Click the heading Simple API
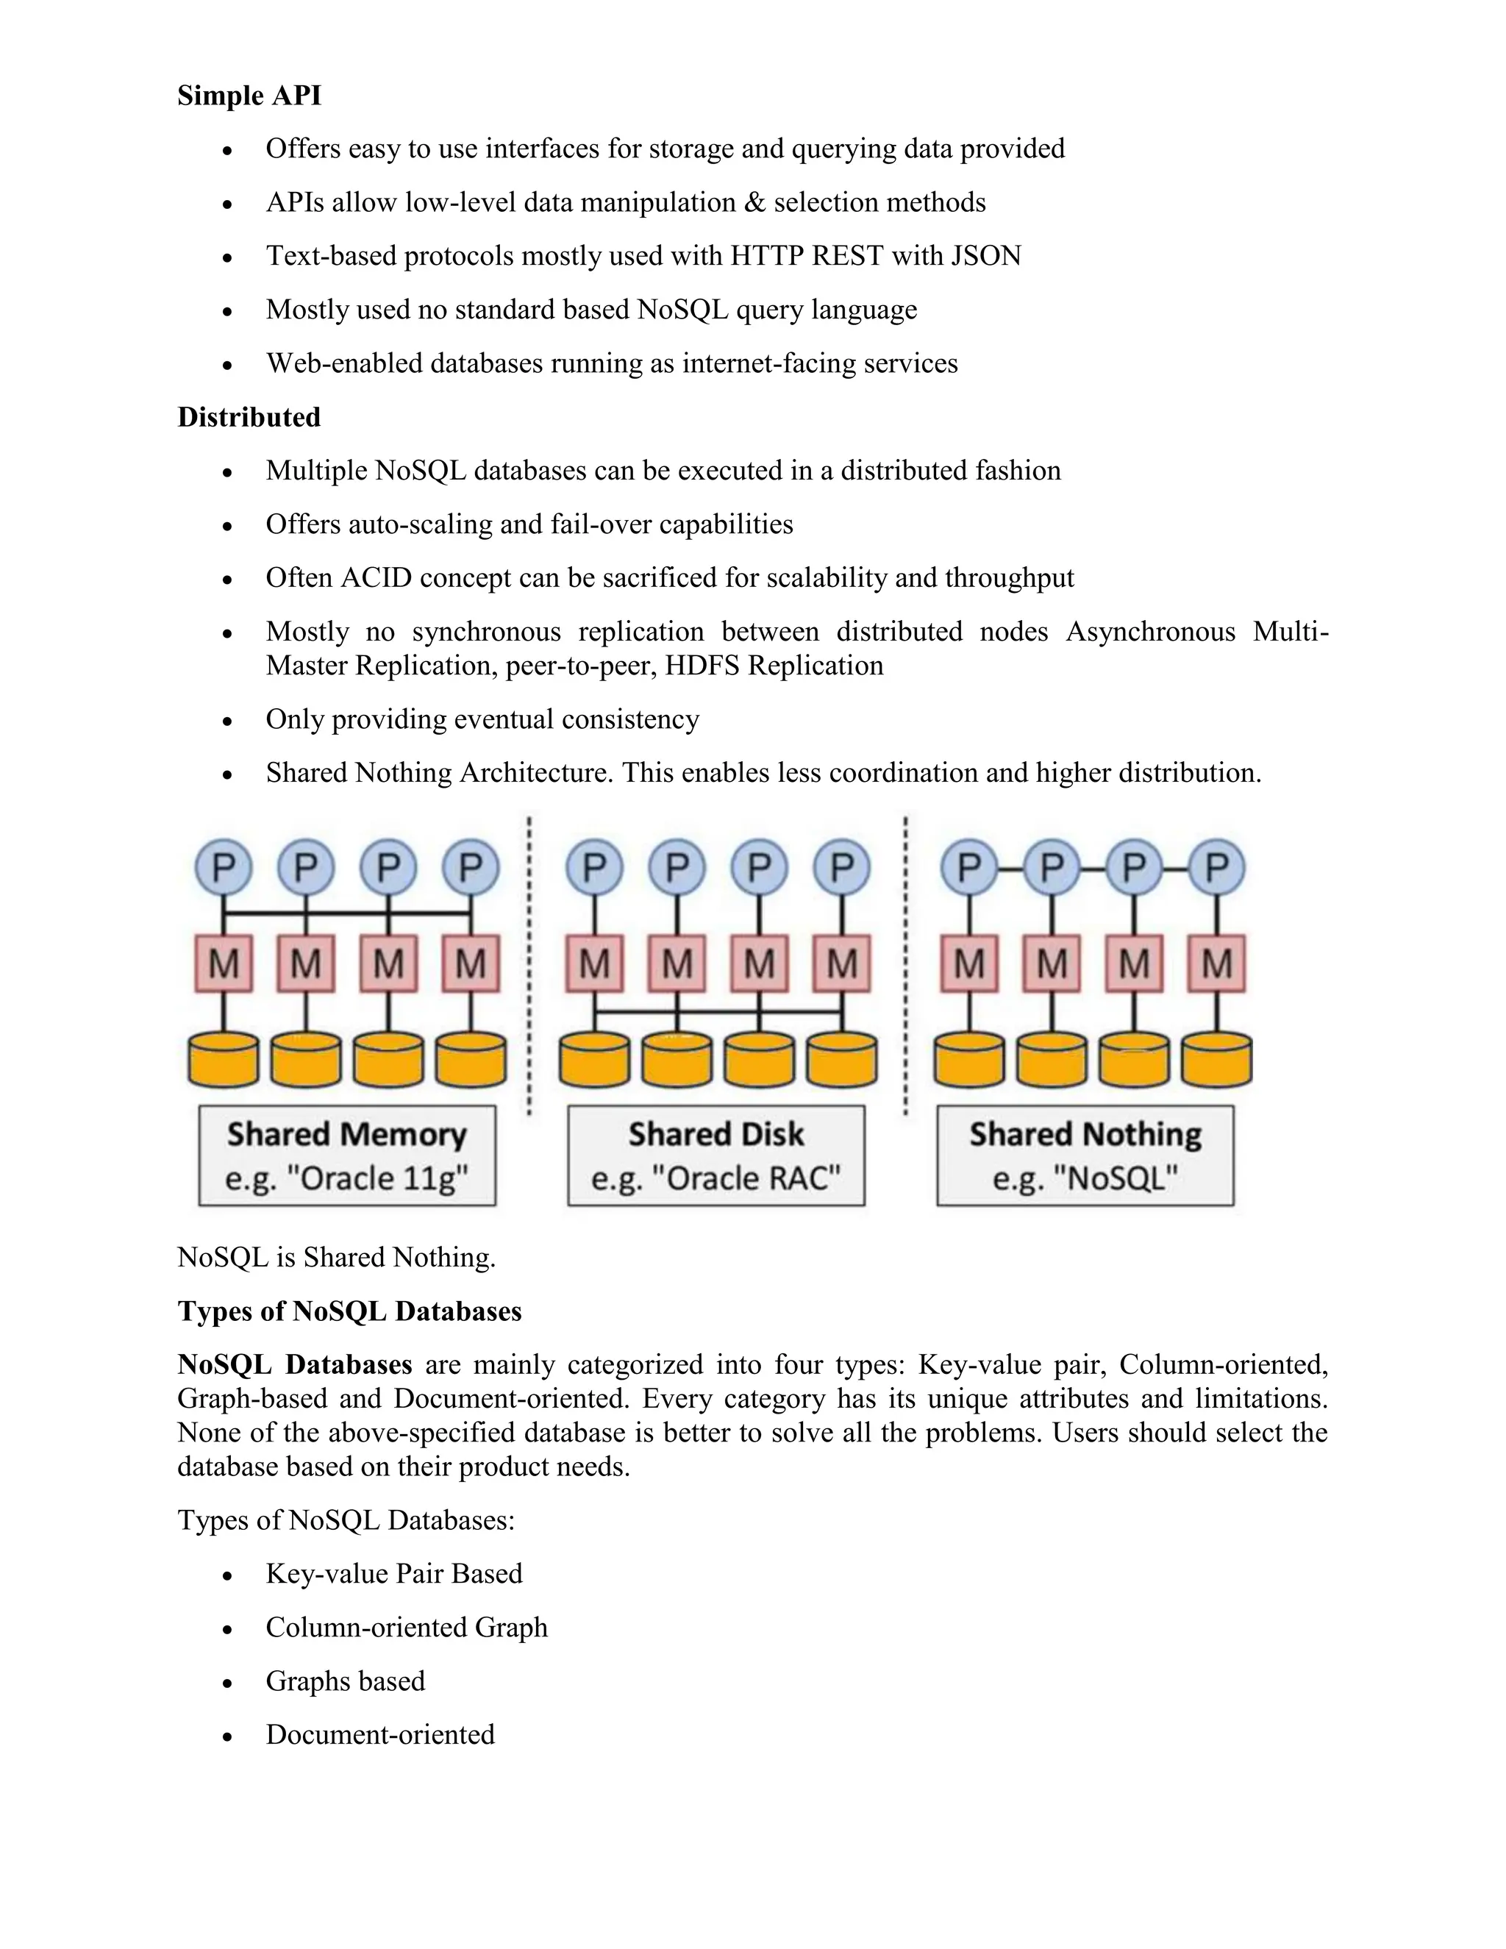click(x=249, y=96)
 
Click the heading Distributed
click(x=249, y=417)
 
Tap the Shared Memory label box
click(x=347, y=1155)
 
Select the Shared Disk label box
click(x=716, y=1155)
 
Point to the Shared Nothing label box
click(x=1085, y=1155)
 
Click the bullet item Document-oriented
click(x=380, y=1734)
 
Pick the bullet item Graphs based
click(x=346, y=1681)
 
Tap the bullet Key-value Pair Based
click(x=393, y=1573)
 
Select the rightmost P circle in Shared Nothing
click(x=1217, y=866)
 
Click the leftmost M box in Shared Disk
click(x=594, y=963)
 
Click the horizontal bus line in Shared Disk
click(x=718, y=1012)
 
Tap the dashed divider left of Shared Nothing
click(x=905, y=963)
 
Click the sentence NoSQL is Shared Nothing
click(x=336, y=1258)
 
